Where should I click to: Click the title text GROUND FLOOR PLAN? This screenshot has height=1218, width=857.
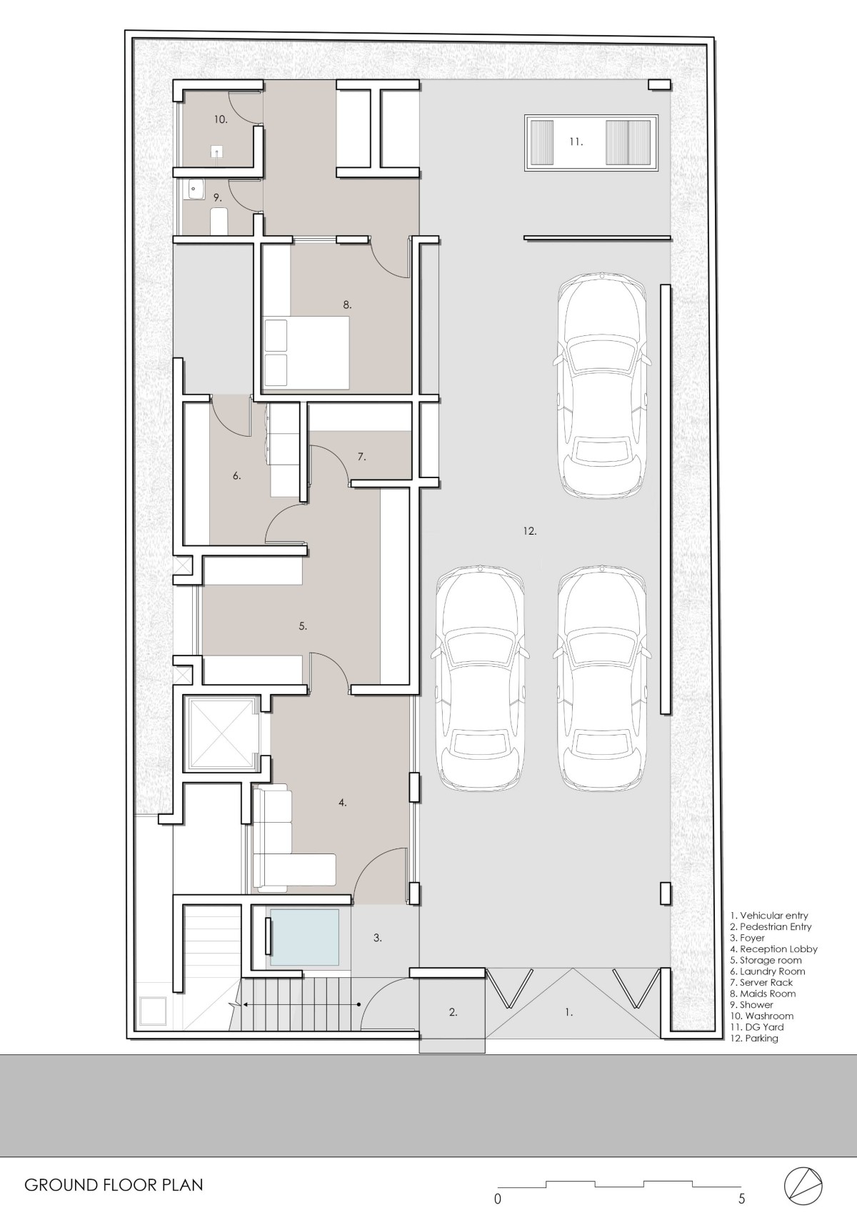coord(114,1181)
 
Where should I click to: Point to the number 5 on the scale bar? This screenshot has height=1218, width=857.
coord(741,1198)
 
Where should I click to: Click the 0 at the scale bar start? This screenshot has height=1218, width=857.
coord(497,1198)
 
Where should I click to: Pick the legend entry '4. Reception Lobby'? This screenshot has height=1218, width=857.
coord(773,949)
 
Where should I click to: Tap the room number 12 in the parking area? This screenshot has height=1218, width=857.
coord(530,531)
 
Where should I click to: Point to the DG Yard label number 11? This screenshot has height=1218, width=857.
coord(576,142)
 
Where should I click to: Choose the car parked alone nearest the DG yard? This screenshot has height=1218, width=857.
coord(602,385)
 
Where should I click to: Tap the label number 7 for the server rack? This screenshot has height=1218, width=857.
coord(361,457)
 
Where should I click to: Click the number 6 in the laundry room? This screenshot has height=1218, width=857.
coord(236,476)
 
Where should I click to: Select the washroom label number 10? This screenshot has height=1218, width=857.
coord(220,119)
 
